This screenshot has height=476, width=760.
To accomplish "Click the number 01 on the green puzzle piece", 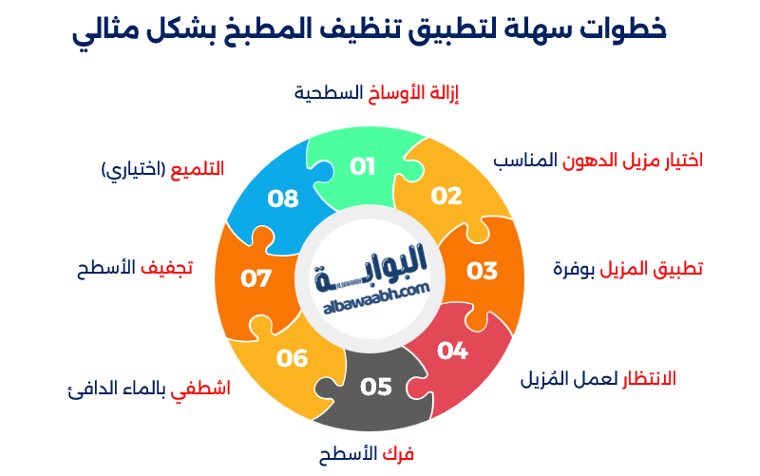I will pyautogui.click(x=363, y=166).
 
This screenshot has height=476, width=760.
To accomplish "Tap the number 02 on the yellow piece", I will pyautogui.click(x=446, y=197).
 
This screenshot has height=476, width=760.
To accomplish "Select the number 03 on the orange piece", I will pyautogui.click(x=482, y=270).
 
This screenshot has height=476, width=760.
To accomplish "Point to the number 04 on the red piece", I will pyautogui.click(x=452, y=351).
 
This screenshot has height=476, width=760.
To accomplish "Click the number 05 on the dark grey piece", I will pyautogui.click(x=376, y=387).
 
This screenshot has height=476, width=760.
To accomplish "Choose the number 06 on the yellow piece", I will pyautogui.click(x=293, y=358).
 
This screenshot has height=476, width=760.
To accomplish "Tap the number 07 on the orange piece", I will pyautogui.click(x=256, y=279).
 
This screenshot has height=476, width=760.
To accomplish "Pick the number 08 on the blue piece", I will pyautogui.click(x=283, y=199).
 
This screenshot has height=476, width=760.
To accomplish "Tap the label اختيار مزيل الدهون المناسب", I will pyautogui.click(x=598, y=159).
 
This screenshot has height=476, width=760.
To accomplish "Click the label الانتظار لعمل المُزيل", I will pyautogui.click(x=598, y=378).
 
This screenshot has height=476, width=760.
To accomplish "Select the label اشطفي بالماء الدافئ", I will pyautogui.click(x=149, y=389).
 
